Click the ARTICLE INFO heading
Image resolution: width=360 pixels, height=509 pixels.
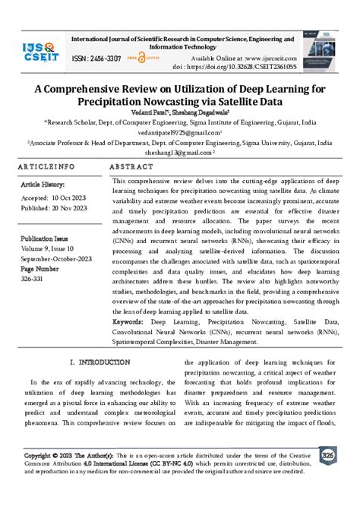[x=46, y=166]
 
